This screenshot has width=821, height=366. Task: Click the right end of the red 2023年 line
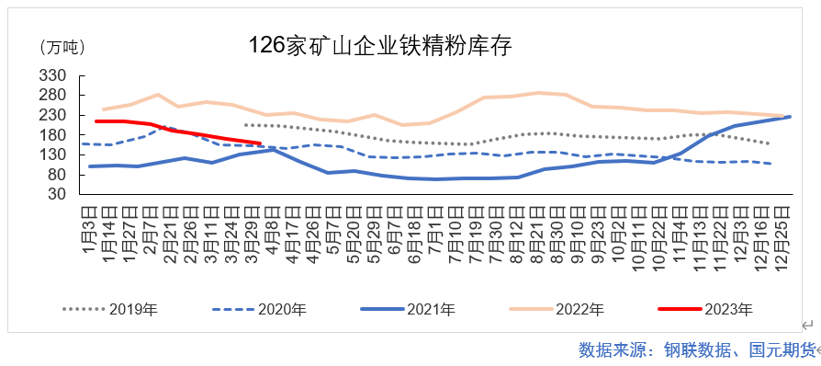[x=261, y=143]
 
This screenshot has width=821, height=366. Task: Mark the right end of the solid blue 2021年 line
[x=790, y=117]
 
